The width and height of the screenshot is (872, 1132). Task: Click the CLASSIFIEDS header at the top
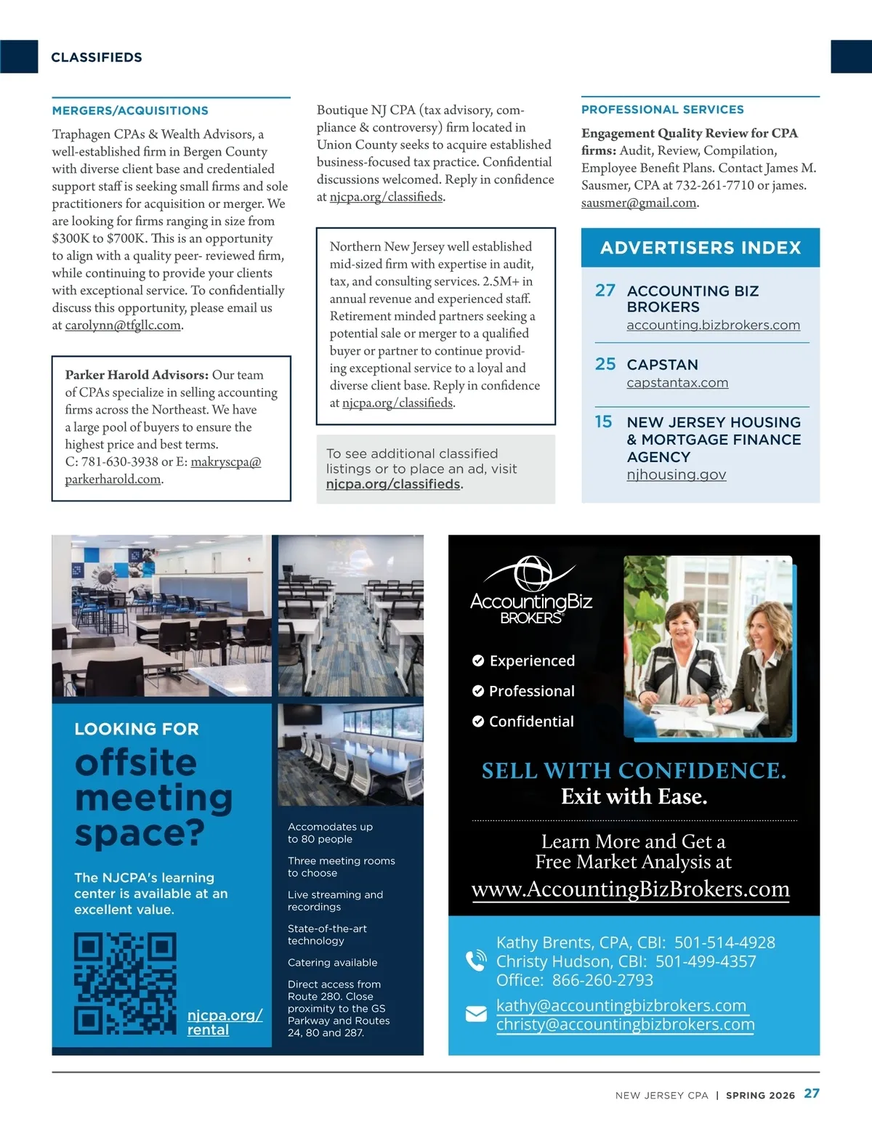(97, 57)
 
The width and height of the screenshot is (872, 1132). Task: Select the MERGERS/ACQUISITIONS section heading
(130, 110)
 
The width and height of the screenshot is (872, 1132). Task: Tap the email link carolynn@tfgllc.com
(123, 326)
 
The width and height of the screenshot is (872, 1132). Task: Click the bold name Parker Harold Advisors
(137, 375)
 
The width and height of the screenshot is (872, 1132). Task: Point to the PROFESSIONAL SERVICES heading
(662, 110)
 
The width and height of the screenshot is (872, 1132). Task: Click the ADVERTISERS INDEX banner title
(701, 248)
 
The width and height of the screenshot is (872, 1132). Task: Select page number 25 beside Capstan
(605, 364)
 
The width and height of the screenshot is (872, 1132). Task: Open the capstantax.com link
(677, 383)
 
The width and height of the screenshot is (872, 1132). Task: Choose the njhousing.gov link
(676, 474)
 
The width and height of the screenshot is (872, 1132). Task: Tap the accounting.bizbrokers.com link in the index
(713, 326)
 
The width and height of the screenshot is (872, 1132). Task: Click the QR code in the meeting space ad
(125, 983)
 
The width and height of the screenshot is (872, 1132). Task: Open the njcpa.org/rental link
(224, 1022)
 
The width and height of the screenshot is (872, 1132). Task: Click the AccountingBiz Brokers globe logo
(532, 576)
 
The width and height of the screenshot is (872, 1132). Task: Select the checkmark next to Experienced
(478, 660)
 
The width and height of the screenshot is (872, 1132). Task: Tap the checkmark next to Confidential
(478, 721)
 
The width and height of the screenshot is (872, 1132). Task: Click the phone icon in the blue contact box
(476, 961)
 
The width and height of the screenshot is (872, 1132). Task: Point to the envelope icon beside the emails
(476, 1014)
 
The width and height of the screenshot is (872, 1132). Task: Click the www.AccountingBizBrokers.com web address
(630, 889)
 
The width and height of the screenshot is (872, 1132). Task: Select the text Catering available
(332, 963)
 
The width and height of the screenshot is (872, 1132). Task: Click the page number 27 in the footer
(812, 1093)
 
